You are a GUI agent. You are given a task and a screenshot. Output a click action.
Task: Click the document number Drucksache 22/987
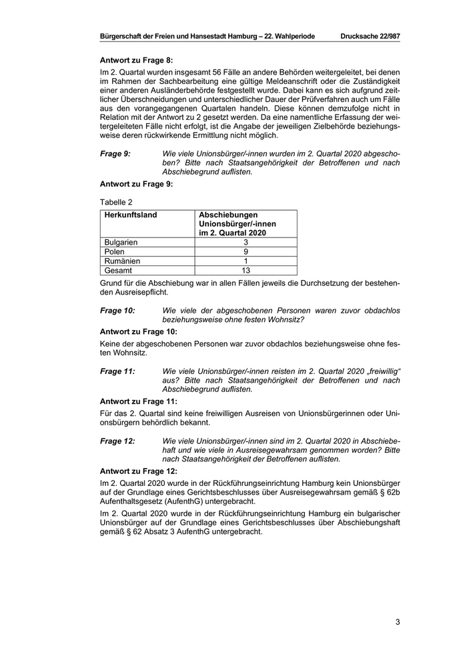(370, 35)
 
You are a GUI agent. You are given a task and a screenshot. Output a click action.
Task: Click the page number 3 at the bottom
(397, 623)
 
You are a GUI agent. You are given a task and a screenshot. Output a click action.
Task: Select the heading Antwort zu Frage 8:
(136, 60)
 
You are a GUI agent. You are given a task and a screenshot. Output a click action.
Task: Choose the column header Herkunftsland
(131, 215)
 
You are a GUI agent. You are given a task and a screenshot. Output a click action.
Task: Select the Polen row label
(115, 252)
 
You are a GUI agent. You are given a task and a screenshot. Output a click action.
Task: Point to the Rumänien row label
(122, 261)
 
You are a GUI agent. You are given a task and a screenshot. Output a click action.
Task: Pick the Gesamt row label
(119, 271)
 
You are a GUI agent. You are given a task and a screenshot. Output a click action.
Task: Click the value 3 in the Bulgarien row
(246, 243)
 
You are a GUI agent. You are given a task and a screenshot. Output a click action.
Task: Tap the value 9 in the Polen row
(246, 252)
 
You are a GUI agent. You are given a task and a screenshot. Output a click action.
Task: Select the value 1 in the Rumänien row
(246, 261)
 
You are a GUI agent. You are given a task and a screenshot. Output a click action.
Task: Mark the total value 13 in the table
(246, 271)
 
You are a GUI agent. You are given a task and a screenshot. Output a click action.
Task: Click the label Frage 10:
(117, 311)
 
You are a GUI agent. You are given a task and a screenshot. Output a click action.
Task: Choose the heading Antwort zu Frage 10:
(139, 331)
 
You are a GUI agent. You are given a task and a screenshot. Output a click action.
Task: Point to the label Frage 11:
(117, 371)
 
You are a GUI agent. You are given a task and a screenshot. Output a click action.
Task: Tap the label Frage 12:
(117, 441)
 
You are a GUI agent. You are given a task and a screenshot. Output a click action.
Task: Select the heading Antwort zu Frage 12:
(139, 471)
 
